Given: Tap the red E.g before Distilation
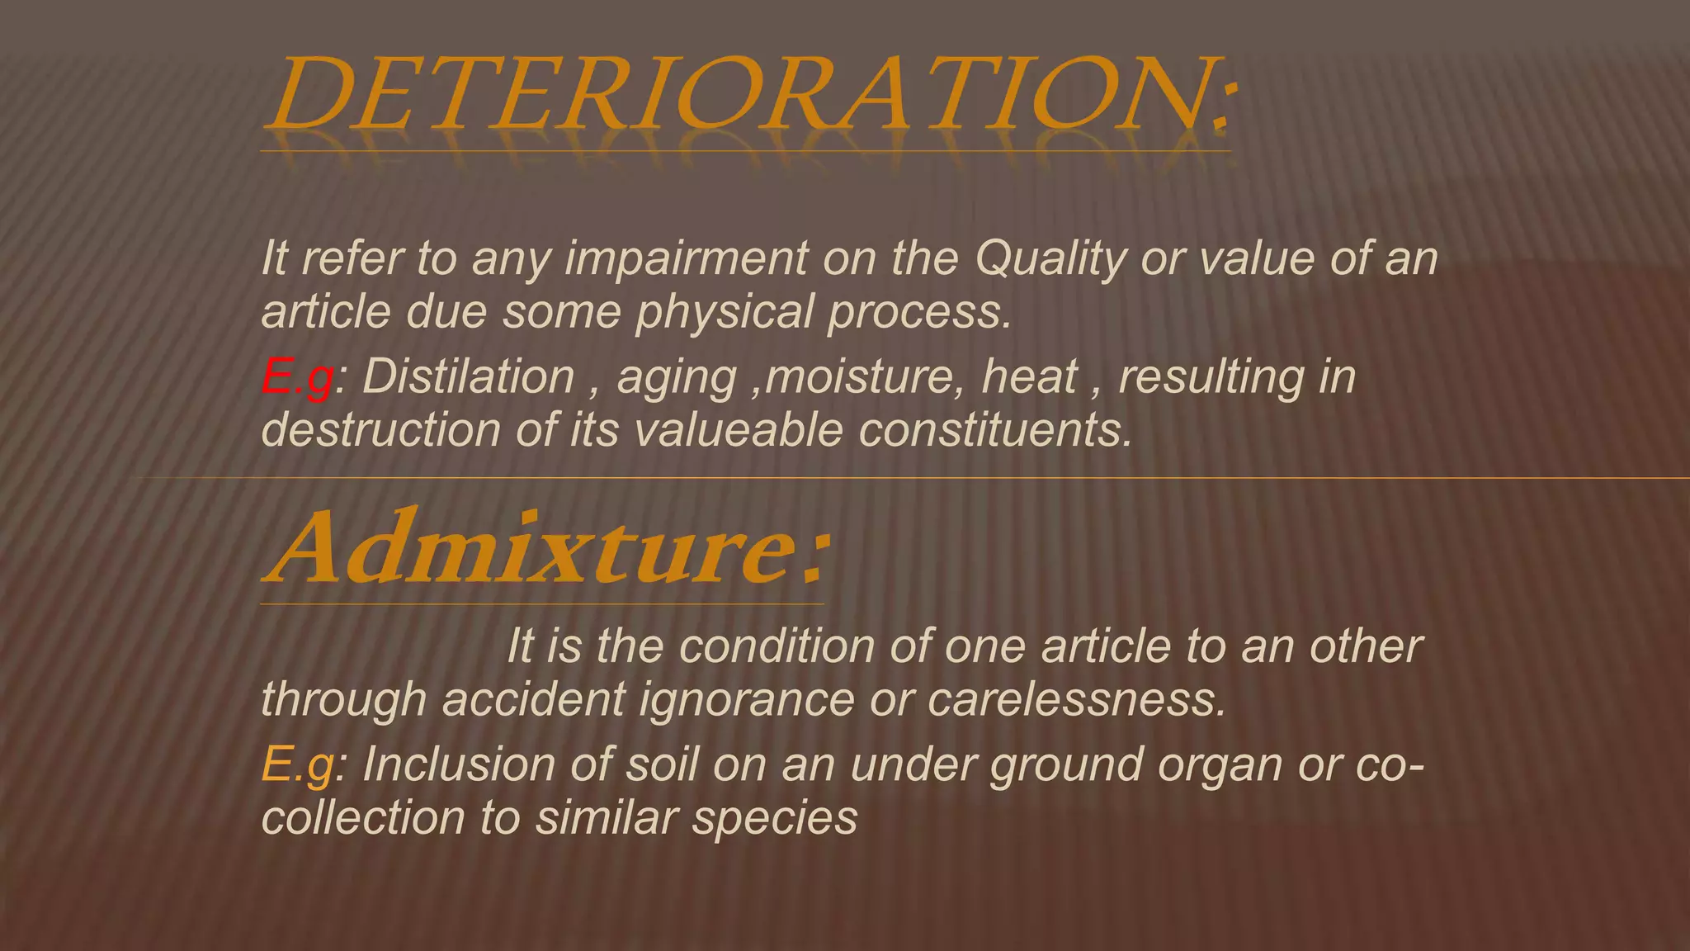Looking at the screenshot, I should (x=297, y=377).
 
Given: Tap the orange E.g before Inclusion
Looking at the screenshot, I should (x=297, y=764).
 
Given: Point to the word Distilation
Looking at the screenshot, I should (x=468, y=377).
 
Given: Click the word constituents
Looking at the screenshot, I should (x=995, y=430).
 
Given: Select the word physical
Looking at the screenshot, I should (x=725, y=312).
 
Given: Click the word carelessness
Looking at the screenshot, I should (x=1076, y=699).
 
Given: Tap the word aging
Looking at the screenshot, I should (x=677, y=379).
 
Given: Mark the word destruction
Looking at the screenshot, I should (x=380, y=430).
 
